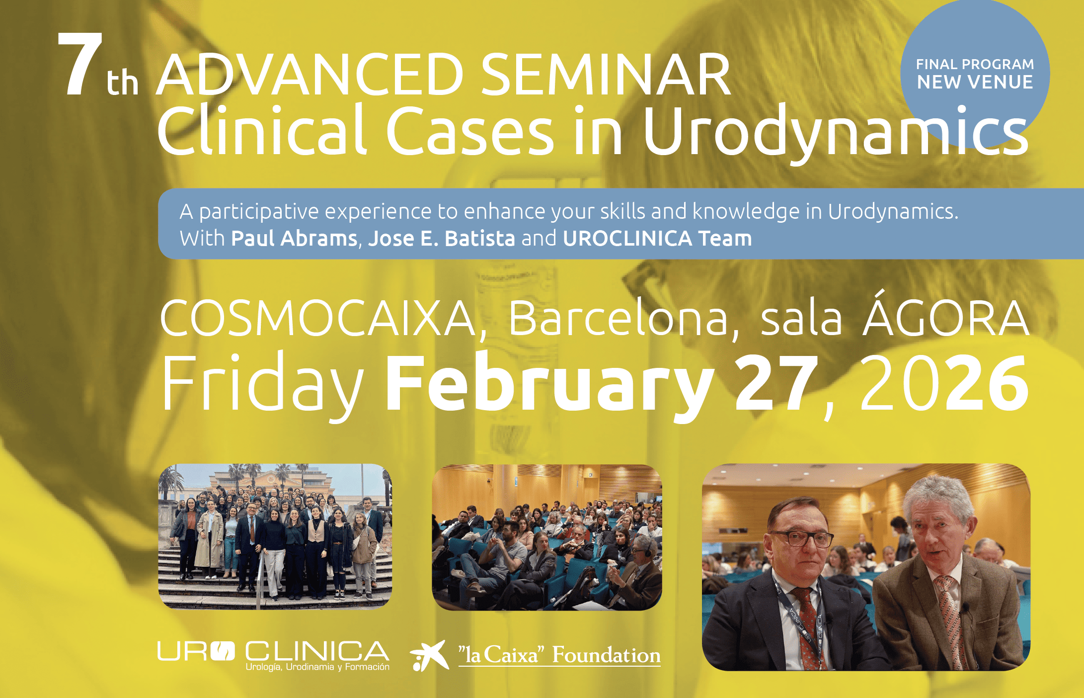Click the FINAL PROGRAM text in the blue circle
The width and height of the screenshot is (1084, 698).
pos(975,64)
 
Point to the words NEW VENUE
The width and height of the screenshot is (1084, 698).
pos(975,82)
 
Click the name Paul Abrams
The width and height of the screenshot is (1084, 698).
pos(294,238)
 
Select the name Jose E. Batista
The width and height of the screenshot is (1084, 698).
pos(442,238)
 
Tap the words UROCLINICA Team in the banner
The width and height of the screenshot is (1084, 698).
pos(657,238)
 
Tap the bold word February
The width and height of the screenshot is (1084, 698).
pos(549,385)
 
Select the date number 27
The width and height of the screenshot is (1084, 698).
pos(776,383)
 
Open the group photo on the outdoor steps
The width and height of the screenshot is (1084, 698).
pos(275,536)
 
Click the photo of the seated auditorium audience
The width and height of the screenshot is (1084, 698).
pos(547,537)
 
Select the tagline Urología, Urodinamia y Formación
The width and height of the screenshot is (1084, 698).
pos(317,667)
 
